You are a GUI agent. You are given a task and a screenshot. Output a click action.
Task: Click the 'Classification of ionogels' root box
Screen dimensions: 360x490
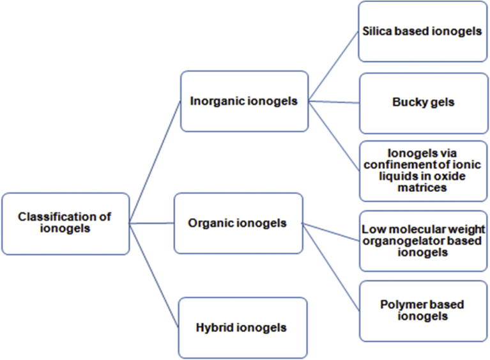[65, 223]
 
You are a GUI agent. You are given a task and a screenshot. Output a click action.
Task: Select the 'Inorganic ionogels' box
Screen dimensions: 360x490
[244, 101]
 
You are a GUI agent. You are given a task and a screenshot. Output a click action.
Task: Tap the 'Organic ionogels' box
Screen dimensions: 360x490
[238, 223]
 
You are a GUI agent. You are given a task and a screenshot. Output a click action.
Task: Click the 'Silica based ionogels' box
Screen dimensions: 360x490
[422, 31]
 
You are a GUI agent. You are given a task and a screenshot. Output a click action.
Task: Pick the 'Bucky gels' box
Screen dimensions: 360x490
[423, 102]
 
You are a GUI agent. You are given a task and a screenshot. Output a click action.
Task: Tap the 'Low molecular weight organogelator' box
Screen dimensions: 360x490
[423, 240]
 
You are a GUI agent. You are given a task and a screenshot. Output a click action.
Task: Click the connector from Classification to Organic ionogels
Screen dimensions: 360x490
[152, 223]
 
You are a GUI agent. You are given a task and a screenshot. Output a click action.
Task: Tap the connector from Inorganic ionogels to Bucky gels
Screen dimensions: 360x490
[333, 101]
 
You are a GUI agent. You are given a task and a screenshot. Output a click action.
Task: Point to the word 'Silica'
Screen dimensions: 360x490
[378, 31]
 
